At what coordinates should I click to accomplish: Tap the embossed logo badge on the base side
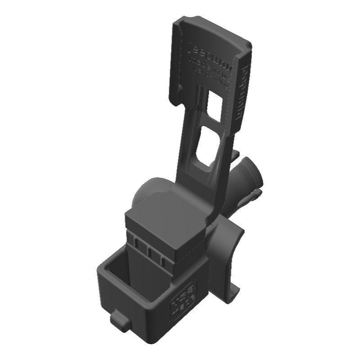point(183,299)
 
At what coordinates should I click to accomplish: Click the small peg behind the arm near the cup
point(234,155)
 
